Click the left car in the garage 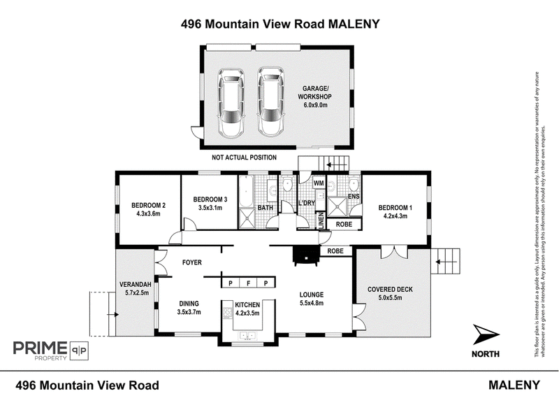pos(229,103)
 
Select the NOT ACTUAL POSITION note pos(244,157)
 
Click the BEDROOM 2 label pos(148,205)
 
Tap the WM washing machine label pos(318,183)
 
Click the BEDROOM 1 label pos(395,208)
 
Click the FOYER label pos(192,262)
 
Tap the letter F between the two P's pos(248,283)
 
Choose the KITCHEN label pos(248,305)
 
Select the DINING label pos(189,303)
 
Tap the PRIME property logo pos(49,348)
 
